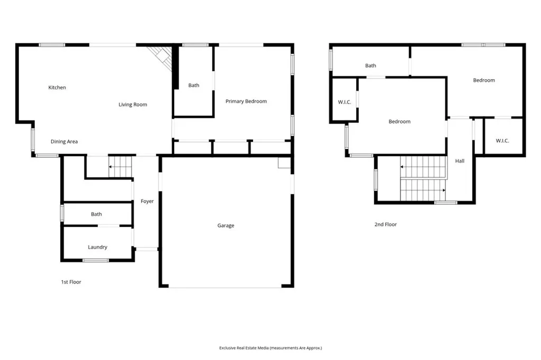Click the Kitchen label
click(57, 88)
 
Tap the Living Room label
click(133, 105)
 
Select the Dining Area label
click(64, 141)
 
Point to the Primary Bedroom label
click(246, 101)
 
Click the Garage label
click(226, 225)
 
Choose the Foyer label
click(147, 201)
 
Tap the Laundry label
click(98, 247)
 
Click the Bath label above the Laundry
click(96, 214)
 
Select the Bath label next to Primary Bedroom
click(194, 86)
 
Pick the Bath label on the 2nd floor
click(371, 66)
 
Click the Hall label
click(460, 161)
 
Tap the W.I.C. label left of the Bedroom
click(344, 102)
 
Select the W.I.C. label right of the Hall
click(502, 140)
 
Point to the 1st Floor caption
click(71, 282)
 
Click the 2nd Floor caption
click(386, 224)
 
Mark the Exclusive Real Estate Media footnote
click(270, 348)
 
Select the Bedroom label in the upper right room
click(484, 80)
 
